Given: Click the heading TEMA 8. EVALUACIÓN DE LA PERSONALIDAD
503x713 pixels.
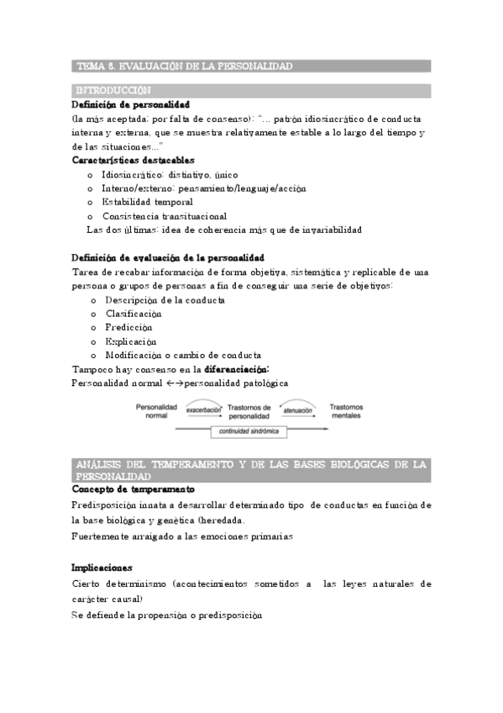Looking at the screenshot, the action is coord(184,66).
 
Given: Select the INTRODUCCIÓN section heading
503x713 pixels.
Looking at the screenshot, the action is coord(113,90).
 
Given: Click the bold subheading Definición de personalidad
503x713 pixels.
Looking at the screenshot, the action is coord(131,104).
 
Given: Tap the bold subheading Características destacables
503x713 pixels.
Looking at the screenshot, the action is coord(134,160).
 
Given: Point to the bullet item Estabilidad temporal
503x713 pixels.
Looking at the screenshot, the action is coord(147,202).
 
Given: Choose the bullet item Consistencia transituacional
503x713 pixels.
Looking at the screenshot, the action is coord(165,215).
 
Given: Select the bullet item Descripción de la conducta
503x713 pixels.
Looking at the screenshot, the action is coord(165,299).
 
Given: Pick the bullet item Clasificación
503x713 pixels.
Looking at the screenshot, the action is coord(134,314).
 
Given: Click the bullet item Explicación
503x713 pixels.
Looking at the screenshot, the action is coord(131,341).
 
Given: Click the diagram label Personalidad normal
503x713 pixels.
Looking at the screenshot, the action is coord(156,410).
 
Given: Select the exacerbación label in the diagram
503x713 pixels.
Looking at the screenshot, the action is coord(204,410).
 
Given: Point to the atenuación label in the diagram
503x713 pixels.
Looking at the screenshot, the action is coord(297,410).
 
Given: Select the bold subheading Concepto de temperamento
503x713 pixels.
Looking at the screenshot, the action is coord(134,489).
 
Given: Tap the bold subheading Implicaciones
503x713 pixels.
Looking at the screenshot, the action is coord(102,568).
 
